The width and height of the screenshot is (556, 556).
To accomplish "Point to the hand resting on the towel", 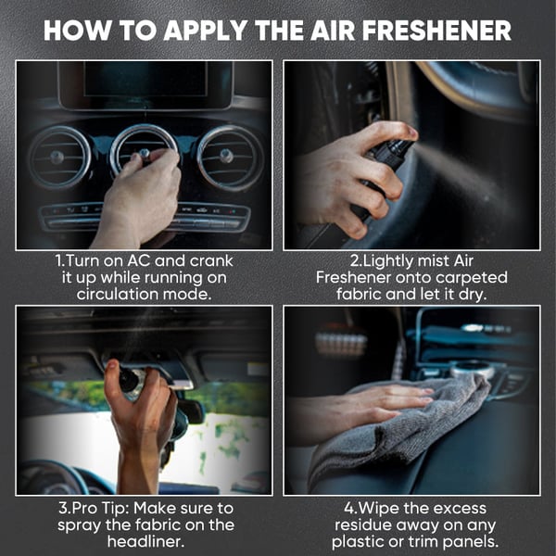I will point(371,408).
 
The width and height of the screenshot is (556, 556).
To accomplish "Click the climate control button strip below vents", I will point(144,218).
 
